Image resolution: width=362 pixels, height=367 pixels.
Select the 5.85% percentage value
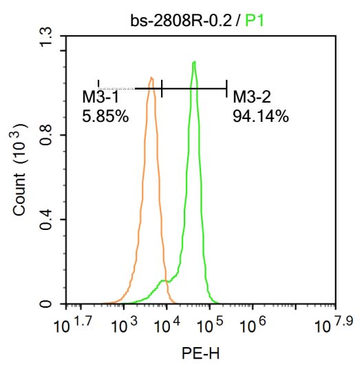105,116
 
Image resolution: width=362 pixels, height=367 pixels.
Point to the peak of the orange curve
151,78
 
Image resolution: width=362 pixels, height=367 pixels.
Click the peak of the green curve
195,63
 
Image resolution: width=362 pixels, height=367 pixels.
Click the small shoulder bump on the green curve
164,281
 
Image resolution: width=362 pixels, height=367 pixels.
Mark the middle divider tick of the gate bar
162,88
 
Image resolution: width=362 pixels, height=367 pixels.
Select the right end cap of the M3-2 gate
226,88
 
